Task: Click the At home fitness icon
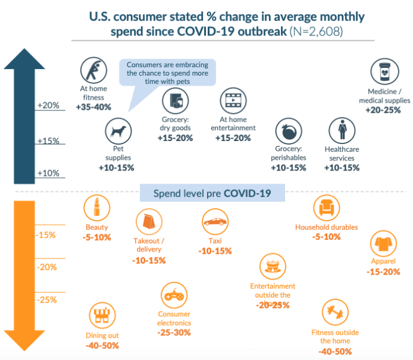click(x=92, y=70)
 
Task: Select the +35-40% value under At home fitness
click(x=94, y=107)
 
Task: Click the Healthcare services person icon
click(x=342, y=130)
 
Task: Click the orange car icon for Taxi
click(x=215, y=221)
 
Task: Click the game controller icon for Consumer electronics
click(x=173, y=295)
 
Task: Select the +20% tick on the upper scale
click(x=49, y=106)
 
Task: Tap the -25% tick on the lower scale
click(x=47, y=299)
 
